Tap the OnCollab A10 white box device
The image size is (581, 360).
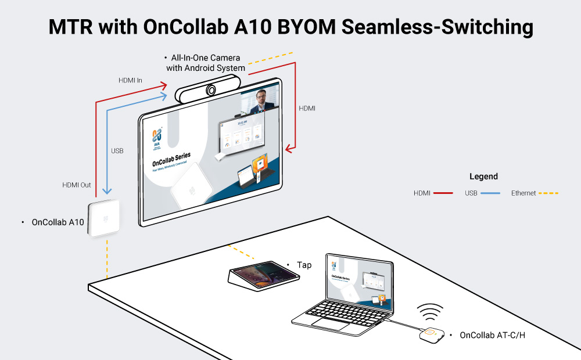[x=104, y=219]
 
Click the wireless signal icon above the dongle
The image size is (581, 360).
[x=431, y=314]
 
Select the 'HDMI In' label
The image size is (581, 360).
[x=130, y=80]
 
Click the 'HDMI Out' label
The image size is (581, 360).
[x=77, y=185]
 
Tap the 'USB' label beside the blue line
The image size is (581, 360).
[x=117, y=151]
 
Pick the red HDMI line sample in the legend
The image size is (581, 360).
[x=443, y=193]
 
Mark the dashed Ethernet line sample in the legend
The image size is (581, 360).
[x=548, y=193]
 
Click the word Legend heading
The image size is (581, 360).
[x=483, y=177]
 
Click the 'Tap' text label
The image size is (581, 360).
[x=304, y=265]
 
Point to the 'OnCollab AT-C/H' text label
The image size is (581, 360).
[x=489, y=335]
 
